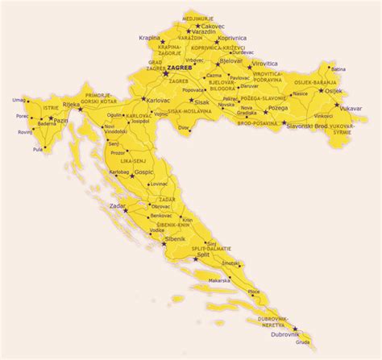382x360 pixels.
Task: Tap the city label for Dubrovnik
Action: pos(286,333)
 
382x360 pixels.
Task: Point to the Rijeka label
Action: pos(73,102)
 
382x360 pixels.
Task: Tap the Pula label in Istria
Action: pos(37,149)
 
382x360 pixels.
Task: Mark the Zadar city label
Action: pos(117,207)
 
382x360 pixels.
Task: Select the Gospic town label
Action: pos(143,172)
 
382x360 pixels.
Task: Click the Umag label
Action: pos(19,99)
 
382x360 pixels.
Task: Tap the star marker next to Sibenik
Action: pos(165,244)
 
